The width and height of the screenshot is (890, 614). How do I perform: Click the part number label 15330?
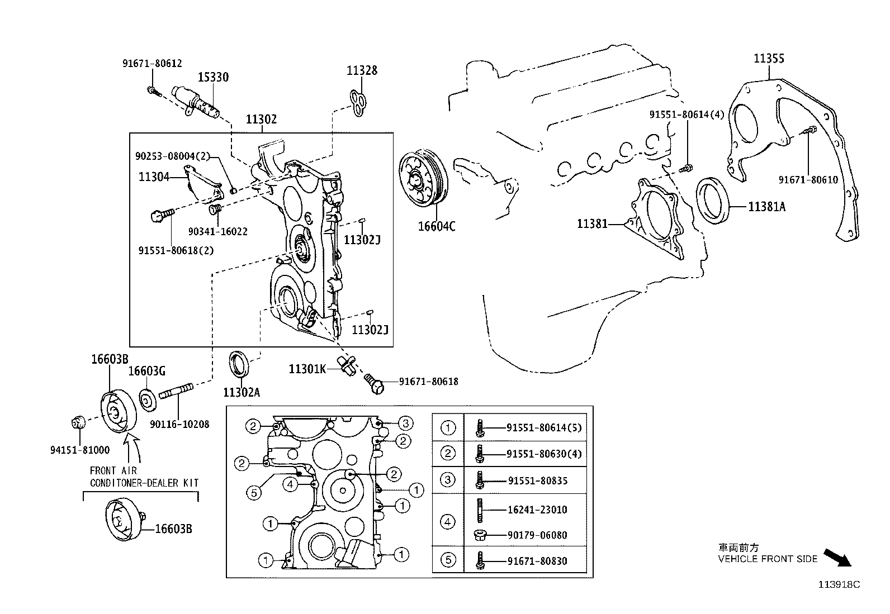click(x=214, y=77)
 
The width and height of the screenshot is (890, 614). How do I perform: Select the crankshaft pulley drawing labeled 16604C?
click(x=422, y=179)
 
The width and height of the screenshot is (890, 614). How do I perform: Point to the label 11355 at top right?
click(x=769, y=58)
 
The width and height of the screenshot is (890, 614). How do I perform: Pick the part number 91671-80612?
click(x=152, y=64)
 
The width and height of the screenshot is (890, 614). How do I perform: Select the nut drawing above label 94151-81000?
click(x=78, y=422)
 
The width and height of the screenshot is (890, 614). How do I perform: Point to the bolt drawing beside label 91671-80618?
click(x=376, y=383)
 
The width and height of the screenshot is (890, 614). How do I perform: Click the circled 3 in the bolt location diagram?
click(x=405, y=423)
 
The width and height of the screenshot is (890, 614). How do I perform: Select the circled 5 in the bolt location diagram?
click(x=254, y=492)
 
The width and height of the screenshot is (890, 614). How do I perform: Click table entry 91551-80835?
click(x=537, y=480)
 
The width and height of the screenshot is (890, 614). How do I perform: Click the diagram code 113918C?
click(x=839, y=584)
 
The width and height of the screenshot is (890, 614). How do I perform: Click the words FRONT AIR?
click(x=113, y=470)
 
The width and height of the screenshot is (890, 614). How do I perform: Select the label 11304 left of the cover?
click(x=154, y=177)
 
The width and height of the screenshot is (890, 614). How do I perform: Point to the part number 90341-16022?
click(x=217, y=231)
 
